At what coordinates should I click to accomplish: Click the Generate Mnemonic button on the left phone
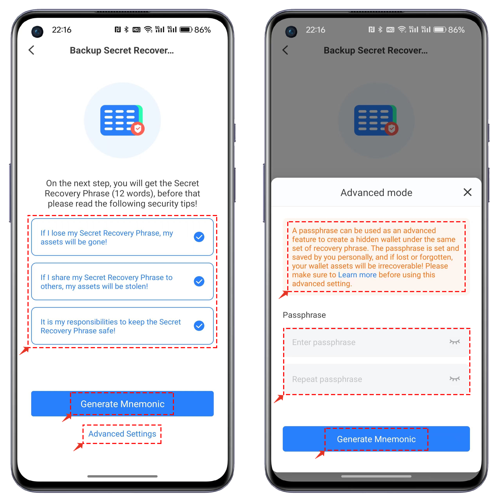(122, 404)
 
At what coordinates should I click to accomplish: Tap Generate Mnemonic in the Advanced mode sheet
(376, 439)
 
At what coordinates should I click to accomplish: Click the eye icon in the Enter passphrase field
(455, 342)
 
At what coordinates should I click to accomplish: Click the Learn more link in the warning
(357, 275)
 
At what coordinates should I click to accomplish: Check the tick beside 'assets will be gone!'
(199, 237)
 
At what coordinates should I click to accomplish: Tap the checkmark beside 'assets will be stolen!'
(199, 281)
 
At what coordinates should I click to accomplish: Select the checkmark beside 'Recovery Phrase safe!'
(199, 326)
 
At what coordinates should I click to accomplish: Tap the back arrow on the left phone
(31, 50)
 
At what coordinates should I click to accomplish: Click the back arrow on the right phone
(285, 50)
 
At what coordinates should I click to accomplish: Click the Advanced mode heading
(376, 192)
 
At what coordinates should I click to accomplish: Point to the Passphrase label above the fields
(304, 315)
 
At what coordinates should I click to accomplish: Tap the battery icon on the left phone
(186, 30)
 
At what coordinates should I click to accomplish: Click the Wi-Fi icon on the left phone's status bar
(148, 29)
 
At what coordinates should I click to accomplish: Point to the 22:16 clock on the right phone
(315, 30)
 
